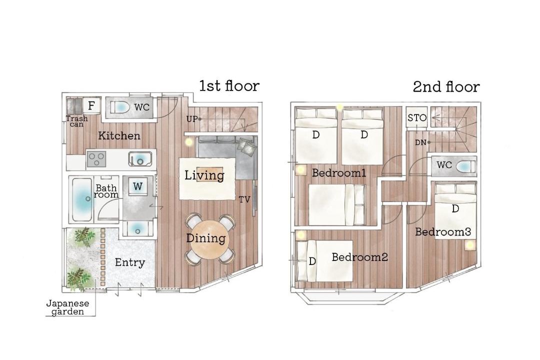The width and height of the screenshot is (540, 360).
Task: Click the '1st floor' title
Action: [229, 86]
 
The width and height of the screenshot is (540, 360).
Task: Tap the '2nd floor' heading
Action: [446, 87]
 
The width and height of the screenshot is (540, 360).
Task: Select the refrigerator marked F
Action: [91, 106]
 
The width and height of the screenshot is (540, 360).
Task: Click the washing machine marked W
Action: [138, 186]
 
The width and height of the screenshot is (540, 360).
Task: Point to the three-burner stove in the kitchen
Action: [97, 159]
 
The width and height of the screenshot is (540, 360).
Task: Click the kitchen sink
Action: [140, 159]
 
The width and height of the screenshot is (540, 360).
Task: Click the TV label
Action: [244, 199]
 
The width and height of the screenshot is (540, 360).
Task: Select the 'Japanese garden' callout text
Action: [67, 307]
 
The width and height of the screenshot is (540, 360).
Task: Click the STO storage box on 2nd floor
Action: [416, 118]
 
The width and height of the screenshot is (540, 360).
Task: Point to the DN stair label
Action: [420, 142]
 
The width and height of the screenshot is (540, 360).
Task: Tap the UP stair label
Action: [192, 119]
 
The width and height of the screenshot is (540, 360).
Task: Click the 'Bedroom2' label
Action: [360, 257]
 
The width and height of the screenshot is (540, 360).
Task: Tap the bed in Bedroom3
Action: [455, 210]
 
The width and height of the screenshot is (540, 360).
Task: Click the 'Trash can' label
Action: [77, 121]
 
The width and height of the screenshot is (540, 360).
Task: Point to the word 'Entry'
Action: [130, 262]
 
